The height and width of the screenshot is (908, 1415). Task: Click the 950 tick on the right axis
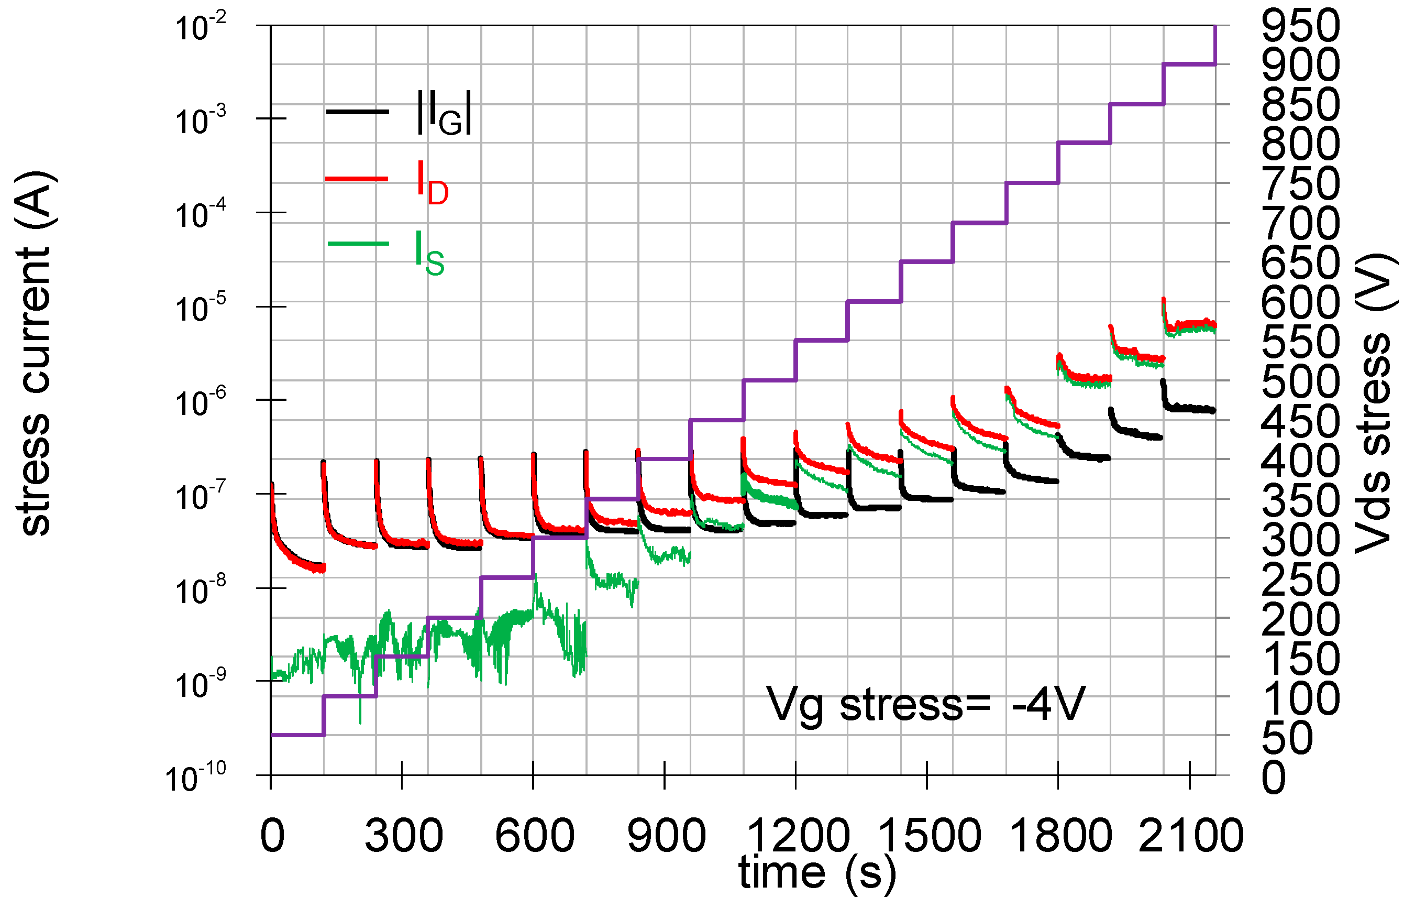tap(1300, 27)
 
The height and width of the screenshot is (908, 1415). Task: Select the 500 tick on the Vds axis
tap(1300, 381)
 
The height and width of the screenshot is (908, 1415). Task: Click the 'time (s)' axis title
tap(817, 872)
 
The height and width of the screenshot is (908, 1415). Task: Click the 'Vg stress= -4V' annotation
tap(925, 704)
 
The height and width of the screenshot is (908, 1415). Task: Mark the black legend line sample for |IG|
tap(357, 112)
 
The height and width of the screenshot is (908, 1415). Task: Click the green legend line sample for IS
tap(357, 244)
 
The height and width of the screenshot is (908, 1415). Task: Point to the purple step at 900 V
tap(1189, 64)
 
